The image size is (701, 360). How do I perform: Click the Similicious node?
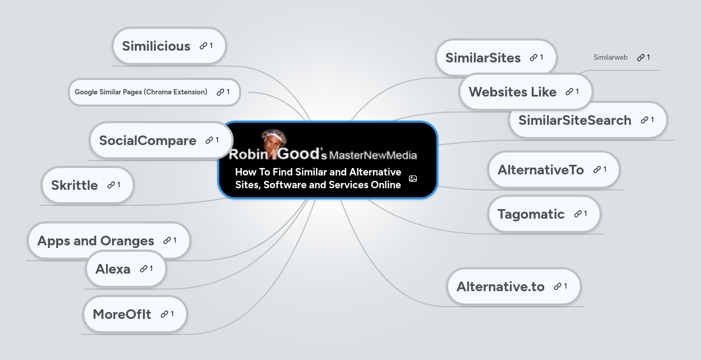(x=156, y=46)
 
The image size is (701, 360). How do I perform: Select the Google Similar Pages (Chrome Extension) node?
(x=141, y=92)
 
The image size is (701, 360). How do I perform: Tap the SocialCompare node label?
(x=148, y=141)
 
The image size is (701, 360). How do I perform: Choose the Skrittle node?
(x=75, y=186)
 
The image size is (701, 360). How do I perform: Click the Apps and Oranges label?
(x=96, y=241)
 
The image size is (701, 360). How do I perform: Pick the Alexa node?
(x=113, y=269)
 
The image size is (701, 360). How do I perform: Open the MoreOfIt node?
(x=122, y=315)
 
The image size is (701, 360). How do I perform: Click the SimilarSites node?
(x=483, y=58)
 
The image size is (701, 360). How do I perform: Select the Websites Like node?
(x=513, y=92)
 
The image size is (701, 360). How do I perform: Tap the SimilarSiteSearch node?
(x=575, y=121)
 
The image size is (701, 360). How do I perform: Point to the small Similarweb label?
(x=610, y=58)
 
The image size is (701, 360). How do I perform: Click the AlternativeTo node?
(x=541, y=170)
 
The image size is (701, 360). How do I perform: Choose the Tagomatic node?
(x=531, y=214)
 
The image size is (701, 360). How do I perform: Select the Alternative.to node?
(x=500, y=287)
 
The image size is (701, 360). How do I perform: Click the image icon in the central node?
(x=413, y=179)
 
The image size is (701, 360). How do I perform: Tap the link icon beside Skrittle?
(x=111, y=185)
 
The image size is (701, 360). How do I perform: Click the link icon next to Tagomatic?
(x=578, y=214)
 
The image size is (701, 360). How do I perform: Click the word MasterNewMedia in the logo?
(x=373, y=156)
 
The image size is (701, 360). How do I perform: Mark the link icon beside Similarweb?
(x=641, y=58)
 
